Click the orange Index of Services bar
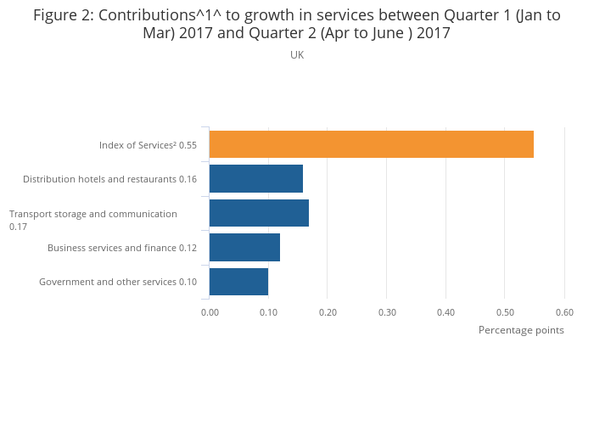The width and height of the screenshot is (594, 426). point(371,144)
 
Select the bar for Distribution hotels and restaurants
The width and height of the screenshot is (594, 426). point(255,179)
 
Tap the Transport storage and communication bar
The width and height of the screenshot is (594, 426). point(259,213)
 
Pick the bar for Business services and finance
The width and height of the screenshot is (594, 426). point(244,248)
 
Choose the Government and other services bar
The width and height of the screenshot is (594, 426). point(238,282)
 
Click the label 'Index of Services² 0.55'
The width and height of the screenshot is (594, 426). point(148,145)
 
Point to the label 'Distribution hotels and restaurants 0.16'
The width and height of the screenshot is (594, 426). point(109,179)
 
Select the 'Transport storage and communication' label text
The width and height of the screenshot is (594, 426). point(93,214)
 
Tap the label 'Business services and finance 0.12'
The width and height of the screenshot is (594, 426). point(122,248)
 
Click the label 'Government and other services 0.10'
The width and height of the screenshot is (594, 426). point(118,282)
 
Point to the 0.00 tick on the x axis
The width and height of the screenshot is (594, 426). point(210,311)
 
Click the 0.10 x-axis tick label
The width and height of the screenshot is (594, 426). point(268,311)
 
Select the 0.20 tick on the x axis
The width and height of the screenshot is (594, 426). point(328,311)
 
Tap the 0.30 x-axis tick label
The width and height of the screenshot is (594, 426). point(387,311)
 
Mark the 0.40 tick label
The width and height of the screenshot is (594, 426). point(446,311)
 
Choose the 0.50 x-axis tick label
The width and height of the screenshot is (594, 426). point(505,311)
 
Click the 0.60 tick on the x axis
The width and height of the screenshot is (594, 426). point(564,311)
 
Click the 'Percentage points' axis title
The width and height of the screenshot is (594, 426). point(521,330)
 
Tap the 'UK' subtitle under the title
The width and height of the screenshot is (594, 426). point(297,55)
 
